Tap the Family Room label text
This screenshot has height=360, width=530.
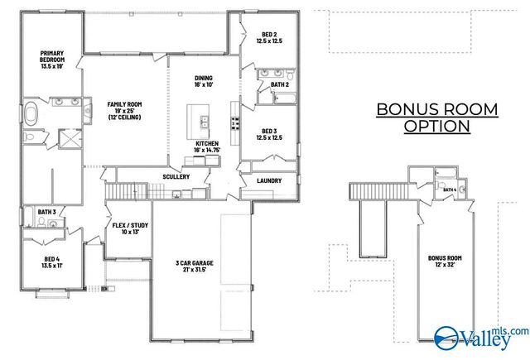click(124, 111)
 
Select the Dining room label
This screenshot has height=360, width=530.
click(204, 79)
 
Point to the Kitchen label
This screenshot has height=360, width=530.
click(207, 146)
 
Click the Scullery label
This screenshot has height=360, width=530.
click(176, 176)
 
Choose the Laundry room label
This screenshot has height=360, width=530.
click(269, 180)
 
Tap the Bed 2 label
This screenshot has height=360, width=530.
click(268, 37)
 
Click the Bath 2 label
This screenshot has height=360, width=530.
click(280, 84)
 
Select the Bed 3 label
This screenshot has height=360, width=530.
click(268, 134)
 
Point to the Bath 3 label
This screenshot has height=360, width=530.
click(46, 213)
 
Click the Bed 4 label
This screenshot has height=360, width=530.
click(53, 262)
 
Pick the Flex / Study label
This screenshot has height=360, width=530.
click(128, 228)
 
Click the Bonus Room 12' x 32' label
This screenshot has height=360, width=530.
click(445, 262)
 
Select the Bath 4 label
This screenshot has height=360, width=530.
click(449, 190)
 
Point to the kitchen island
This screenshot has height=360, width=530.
click(197, 121)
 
